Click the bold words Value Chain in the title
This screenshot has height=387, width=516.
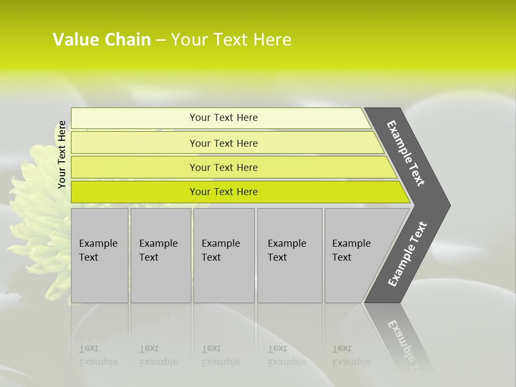click(102, 40)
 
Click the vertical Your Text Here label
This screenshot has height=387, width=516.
click(62, 154)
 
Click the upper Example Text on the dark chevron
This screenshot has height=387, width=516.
click(406, 153)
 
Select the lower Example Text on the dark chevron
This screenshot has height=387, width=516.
click(407, 254)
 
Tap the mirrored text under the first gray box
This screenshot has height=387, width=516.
click(98, 355)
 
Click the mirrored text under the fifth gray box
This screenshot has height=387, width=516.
click(351, 355)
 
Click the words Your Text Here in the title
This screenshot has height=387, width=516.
click(231, 40)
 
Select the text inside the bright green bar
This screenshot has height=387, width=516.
click(224, 192)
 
